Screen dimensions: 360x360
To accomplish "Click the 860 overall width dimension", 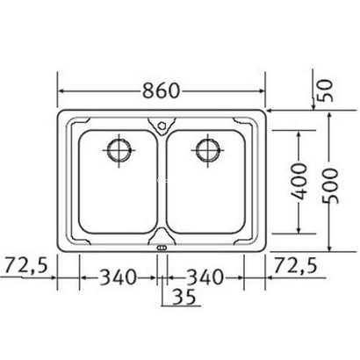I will click(x=162, y=90).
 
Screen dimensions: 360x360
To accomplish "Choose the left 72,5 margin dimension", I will click(x=24, y=263).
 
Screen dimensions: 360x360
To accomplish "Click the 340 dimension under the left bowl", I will click(x=118, y=278).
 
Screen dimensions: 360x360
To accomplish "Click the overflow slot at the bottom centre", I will click(x=162, y=248).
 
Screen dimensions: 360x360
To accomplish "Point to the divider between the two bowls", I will click(x=162, y=184).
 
